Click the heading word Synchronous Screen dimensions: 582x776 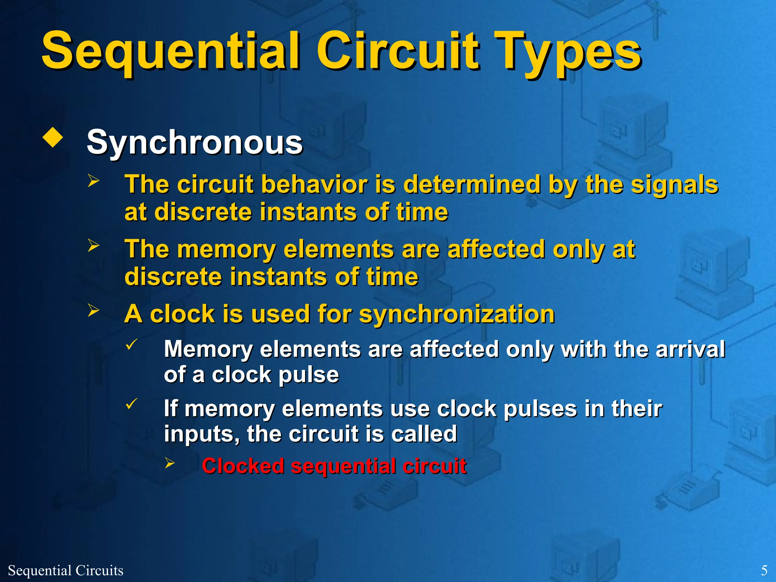click(194, 142)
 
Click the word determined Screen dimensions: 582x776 click(472, 185)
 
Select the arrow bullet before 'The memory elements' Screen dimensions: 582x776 click(93, 245)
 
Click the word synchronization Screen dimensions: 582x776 click(457, 314)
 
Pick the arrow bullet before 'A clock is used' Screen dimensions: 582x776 click(93, 310)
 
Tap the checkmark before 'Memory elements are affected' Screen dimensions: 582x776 click(131, 344)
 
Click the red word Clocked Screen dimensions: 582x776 click(242, 466)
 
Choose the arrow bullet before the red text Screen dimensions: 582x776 click(169, 463)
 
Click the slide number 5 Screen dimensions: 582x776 click(764, 570)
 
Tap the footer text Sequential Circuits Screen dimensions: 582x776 click(66, 570)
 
